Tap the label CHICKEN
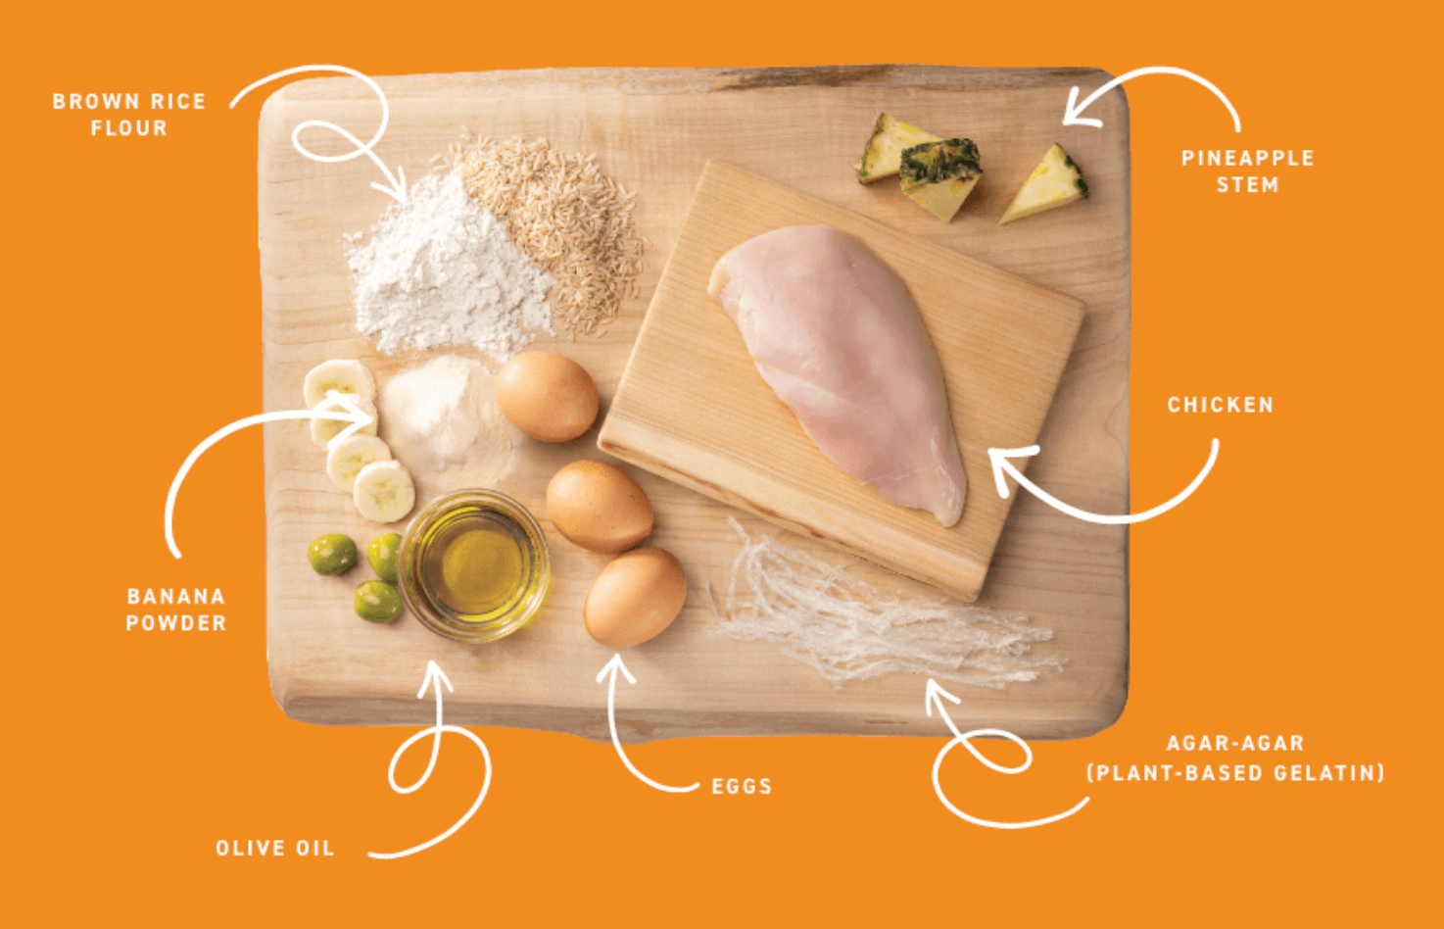pyautogui.click(x=1221, y=405)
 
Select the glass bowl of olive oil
pyautogui.click(x=474, y=564)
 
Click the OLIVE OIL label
pyautogui.click(x=275, y=848)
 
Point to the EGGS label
pyautogui.click(x=742, y=786)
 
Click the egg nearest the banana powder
pyautogui.click(x=547, y=396)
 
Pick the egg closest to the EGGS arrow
pyautogui.click(x=635, y=598)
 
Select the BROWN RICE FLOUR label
pyautogui.click(x=129, y=115)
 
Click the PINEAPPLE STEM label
pyautogui.click(x=1247, y=171)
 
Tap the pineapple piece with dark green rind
pyautogui.click(x=941, y=177)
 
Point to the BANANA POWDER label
pyautogui.click(x=176, y=610)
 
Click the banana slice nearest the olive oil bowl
pyautogui.click(x=384, y=491)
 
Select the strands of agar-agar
pyautogui.click(x=884, y=612)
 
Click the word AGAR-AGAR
pyautogui.click(x=1235, y=743)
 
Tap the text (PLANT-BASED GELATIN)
pyautogui.click(x=1235, y=772)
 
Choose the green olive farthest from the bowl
pyautogui.click(x=332, y=555)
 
